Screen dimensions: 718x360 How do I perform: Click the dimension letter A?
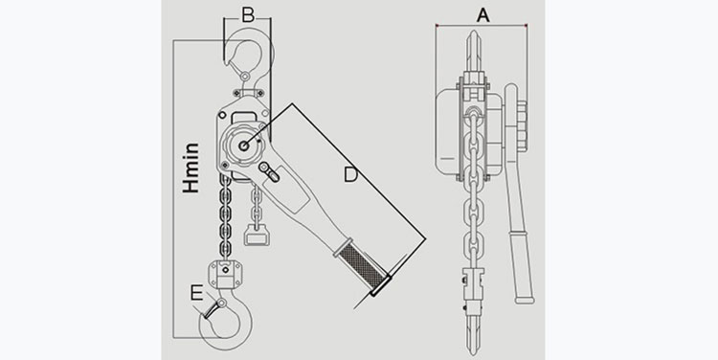(482, 15)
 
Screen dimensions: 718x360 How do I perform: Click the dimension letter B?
(248, 15)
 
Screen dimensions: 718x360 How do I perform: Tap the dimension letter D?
(350, 175)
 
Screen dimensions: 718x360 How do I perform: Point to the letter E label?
(196, 293)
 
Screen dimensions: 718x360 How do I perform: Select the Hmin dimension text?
(191, 168)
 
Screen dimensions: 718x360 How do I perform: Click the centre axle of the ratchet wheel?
(244, 146)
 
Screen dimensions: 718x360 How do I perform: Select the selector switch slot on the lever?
(269, 171)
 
